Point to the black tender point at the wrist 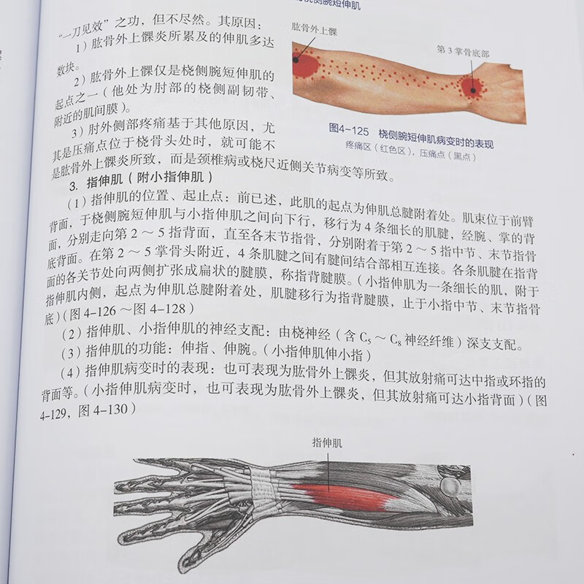[472, 90]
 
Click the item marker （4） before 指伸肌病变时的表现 [72, 374]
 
